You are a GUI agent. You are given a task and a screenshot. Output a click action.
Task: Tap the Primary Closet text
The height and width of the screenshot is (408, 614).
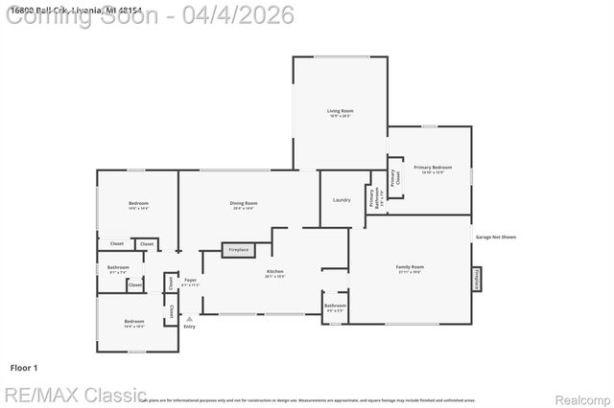393,177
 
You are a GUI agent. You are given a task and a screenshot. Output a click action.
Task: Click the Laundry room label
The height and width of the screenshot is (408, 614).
342,199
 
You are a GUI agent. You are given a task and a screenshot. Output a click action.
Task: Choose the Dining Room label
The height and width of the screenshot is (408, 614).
244,204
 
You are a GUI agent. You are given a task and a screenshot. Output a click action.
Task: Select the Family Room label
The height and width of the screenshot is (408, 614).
411,268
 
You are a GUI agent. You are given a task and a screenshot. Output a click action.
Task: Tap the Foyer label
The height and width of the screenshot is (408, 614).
191,282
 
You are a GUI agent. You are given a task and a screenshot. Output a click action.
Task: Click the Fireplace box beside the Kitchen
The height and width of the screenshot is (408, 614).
239,250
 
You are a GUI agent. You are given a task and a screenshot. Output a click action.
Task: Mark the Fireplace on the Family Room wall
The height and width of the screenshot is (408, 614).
476,279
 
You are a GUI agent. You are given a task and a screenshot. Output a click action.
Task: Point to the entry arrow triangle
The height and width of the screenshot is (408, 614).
189,319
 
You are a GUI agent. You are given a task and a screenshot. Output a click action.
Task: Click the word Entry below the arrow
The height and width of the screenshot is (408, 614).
189,328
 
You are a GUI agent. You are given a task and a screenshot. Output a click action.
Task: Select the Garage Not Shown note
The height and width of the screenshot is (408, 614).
496,237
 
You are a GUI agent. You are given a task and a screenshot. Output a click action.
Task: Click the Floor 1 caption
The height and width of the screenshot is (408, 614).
23,367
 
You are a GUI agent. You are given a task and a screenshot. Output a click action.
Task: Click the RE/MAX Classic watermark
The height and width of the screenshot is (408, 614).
75,395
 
